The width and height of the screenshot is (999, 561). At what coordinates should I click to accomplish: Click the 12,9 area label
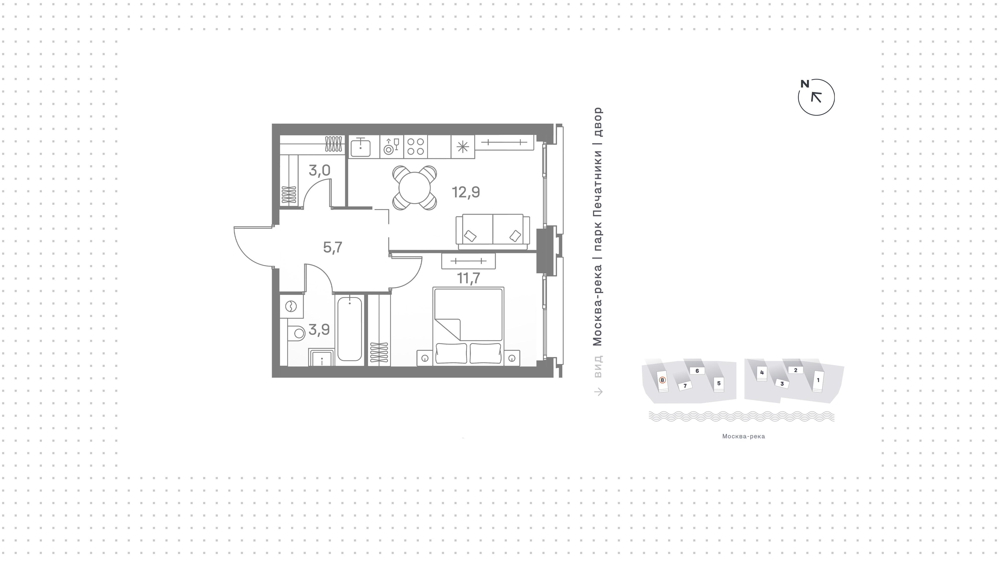click(466, 192)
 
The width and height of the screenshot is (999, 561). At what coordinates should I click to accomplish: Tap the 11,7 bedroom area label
click(469, 278)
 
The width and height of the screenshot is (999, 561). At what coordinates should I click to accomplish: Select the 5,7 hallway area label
click(333, 247)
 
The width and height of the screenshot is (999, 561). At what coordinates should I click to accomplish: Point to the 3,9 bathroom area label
click(319, 330)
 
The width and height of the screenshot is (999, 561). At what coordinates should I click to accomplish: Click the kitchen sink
click(360, 147)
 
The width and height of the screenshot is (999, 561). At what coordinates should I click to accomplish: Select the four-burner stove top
click(415, 146)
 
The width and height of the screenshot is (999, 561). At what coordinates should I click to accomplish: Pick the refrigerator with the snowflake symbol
click(463, 147)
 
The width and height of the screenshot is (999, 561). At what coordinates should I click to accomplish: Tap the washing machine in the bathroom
click(291, 306)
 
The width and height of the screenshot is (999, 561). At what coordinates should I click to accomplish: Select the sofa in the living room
click(493, 232)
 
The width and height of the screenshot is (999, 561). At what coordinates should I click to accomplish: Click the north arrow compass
click(816, 97)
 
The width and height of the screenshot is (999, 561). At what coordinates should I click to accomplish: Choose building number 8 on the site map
click(662, 381)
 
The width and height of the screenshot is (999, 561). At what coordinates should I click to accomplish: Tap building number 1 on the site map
click(818, 381)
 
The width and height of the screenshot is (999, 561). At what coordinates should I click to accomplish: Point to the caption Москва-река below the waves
click(744, 436)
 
